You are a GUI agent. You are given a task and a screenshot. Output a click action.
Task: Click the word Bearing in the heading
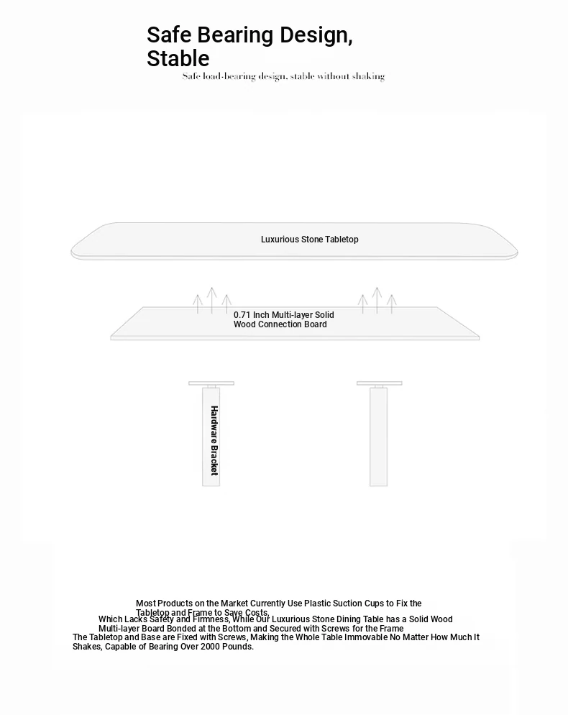235,35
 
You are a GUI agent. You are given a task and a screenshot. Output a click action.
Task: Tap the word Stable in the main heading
178,59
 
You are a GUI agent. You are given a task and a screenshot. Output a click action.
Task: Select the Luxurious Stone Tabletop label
309,240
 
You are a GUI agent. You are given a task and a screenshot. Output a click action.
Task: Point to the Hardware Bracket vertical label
214,440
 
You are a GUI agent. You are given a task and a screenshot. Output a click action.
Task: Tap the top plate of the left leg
211,383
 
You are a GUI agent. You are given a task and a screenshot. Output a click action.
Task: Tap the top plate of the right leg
379,383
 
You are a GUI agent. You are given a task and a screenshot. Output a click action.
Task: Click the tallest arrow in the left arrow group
212,300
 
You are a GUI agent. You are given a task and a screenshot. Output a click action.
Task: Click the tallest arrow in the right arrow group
377,300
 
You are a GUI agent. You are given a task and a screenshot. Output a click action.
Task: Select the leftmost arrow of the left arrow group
198,304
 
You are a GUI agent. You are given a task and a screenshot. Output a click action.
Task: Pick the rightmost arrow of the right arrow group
391,304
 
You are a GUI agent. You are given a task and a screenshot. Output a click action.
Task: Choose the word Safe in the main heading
170,35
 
